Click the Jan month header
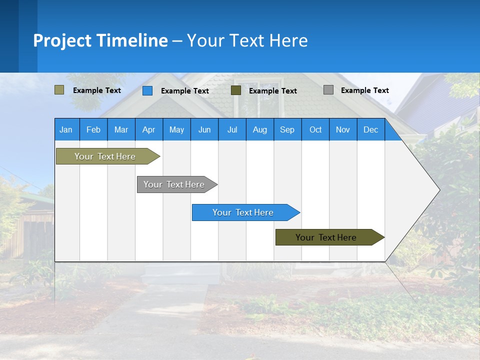(66, 129)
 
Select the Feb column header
(93, 129)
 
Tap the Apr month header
(149, 129)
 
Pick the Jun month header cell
(204, 129)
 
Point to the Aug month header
(260, 129)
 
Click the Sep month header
(287, 129)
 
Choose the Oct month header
(315, 129)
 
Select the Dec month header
(371, 129)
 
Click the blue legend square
(147, 90)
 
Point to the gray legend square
(328, 90)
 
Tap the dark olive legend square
(236, 90)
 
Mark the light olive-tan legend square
(59, 90)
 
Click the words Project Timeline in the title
(100, 40)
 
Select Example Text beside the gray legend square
(365, 90)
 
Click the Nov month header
(343, 129)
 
